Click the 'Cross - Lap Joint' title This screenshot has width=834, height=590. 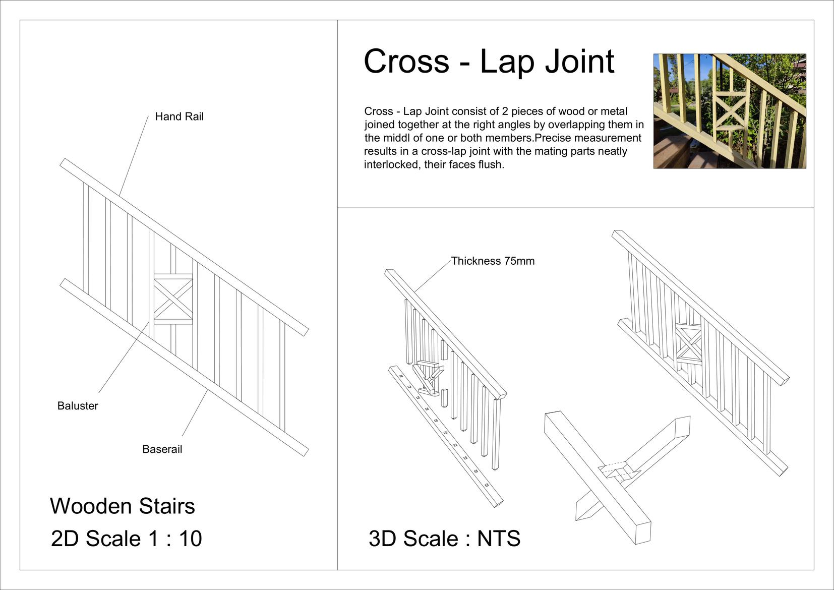click(489, 62)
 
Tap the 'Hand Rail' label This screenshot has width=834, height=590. click(179, 116)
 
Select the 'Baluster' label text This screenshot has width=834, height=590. click(78, 406)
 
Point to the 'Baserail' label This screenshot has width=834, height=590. click(162, 449)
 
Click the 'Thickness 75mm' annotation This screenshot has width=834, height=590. click(493, 261)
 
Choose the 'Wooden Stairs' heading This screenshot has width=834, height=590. click(123, 506)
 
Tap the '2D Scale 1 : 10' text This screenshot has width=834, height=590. click(127, 539)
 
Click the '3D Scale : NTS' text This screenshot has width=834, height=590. click(444, 539)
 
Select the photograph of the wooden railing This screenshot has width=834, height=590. click(729, 111)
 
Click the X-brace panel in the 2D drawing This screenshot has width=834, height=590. click(173, 299)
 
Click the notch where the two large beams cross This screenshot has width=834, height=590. click(617, 471)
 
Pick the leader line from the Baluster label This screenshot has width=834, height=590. click(124, 358)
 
